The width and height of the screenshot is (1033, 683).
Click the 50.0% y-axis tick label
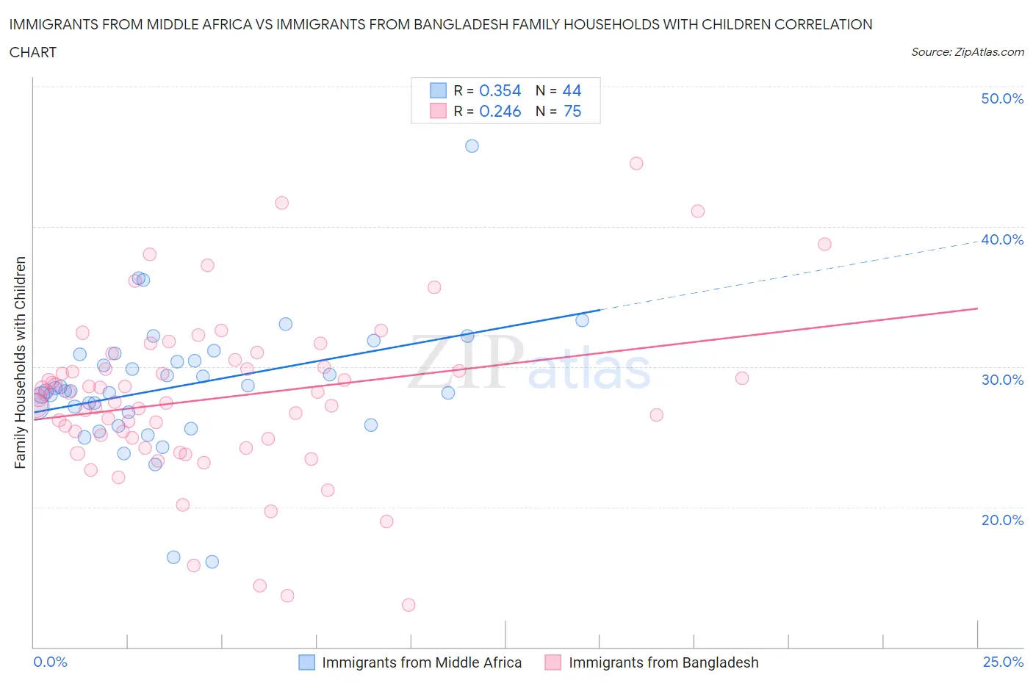point(1001,98)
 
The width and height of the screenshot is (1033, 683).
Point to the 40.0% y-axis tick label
point(1001,239)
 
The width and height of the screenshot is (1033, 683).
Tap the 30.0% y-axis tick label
point(1001,380)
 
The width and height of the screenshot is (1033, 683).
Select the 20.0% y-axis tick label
point(1001,520)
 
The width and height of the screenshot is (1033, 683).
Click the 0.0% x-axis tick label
point(50,662)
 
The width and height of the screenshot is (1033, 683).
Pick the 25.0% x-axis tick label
point(1003,662)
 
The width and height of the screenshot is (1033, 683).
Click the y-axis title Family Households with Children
point(21,362)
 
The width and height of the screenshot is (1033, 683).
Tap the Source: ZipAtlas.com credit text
point(967,52)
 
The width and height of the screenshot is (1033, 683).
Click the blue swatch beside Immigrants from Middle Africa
point(306,662)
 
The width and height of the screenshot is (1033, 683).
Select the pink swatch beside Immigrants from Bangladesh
point(553,662)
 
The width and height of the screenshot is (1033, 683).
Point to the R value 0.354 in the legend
point(500,90)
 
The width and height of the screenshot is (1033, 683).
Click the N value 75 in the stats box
point(572,111)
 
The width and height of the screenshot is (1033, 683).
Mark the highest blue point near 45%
point(472,146)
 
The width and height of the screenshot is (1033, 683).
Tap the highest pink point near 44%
point(636,163)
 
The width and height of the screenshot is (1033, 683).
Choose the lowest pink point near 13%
point(408,605)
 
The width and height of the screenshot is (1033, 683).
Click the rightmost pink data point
point(824,244)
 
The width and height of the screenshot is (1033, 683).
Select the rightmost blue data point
point(582,320)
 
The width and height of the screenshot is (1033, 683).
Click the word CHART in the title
point(33,52)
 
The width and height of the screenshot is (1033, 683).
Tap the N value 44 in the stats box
point(572,90)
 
